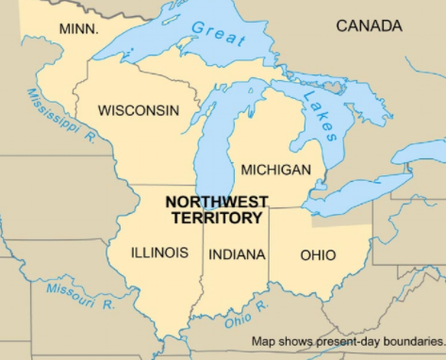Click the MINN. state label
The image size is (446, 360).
[x=79, y=29]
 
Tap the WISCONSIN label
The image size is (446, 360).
[x=138, y=110]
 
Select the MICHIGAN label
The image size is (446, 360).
[x=275, y=170]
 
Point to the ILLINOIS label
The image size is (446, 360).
[x=159, y=253]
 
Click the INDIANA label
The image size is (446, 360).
[x=237, y=254]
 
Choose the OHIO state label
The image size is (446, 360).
[x=318, y=254]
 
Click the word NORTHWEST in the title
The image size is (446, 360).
[x=216, y=201]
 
